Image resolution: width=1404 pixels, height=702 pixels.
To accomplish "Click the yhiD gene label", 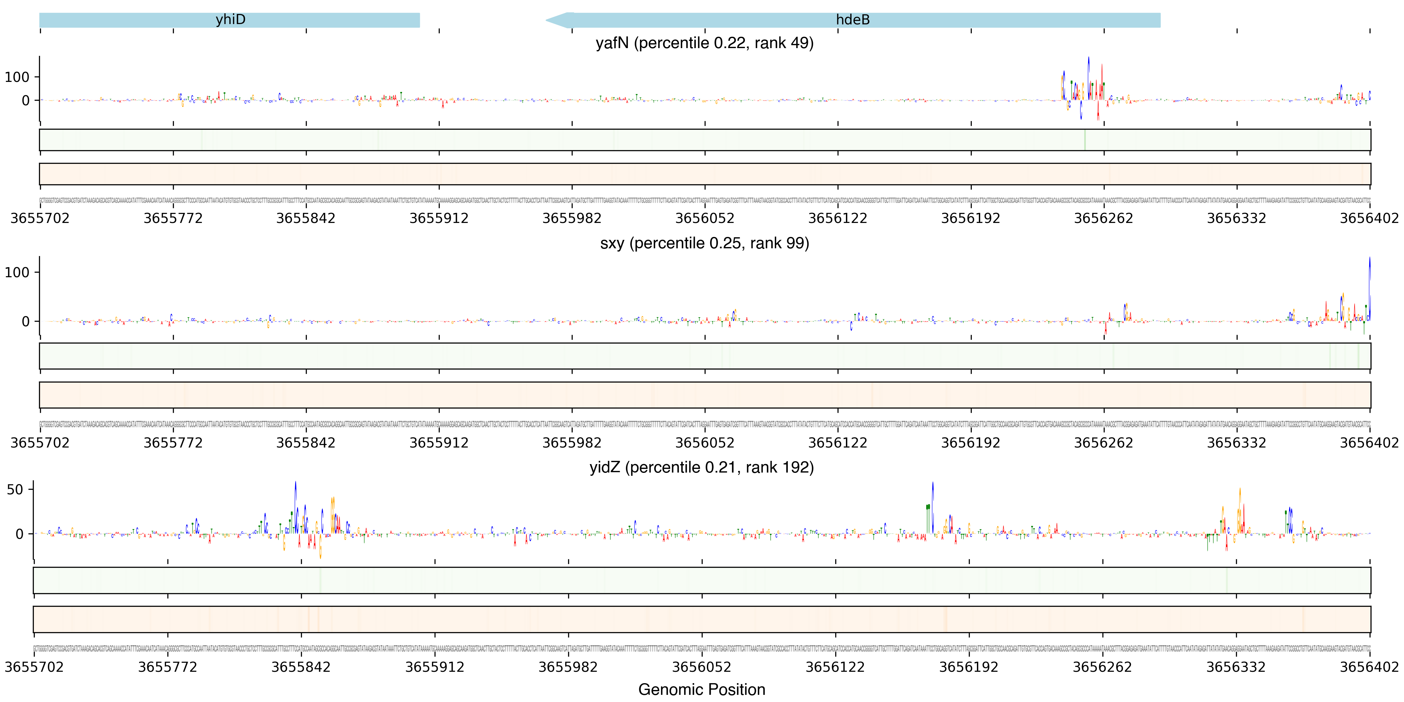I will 230,19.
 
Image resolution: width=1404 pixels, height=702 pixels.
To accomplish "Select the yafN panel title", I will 704,43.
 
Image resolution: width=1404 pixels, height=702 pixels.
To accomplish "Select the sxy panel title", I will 704,243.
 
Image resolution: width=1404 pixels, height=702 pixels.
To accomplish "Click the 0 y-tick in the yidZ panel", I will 19,534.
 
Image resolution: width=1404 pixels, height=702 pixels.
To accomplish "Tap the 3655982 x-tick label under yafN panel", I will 572,218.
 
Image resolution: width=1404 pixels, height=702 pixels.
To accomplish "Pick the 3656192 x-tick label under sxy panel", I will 971,443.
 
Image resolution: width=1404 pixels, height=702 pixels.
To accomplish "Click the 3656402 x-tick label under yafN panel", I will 1369,218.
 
